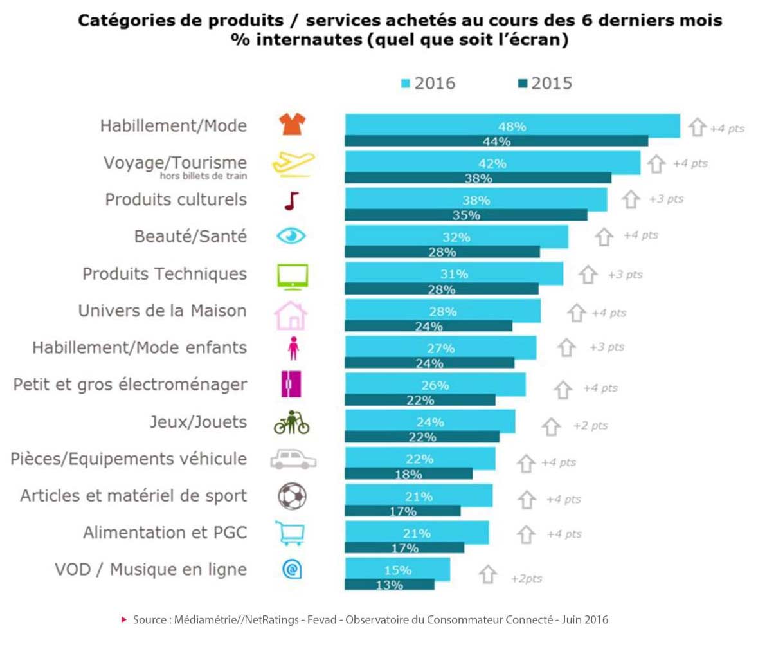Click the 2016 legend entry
pyautogui.click(x=428, y=84)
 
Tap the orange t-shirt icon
pyautogui.click(x=291, y=125)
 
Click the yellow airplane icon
pyautogui.click(x=292, y=163)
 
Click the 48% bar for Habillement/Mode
pyautogui.click(x=512, y=126)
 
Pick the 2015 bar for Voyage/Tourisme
pyautogui.click(x=478, y=178)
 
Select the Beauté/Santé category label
pyautogui.click(x=190, y=236)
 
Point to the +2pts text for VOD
pyautogui.click(x=526, y=579)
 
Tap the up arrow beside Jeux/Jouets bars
pyautogui.click(x=550, y=426)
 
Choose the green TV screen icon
pyautogui.click(x=292, y=275)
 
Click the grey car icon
pyautogui.click(x=292, y=459)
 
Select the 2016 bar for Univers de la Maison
pyautogui.click(x=442, y=311)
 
